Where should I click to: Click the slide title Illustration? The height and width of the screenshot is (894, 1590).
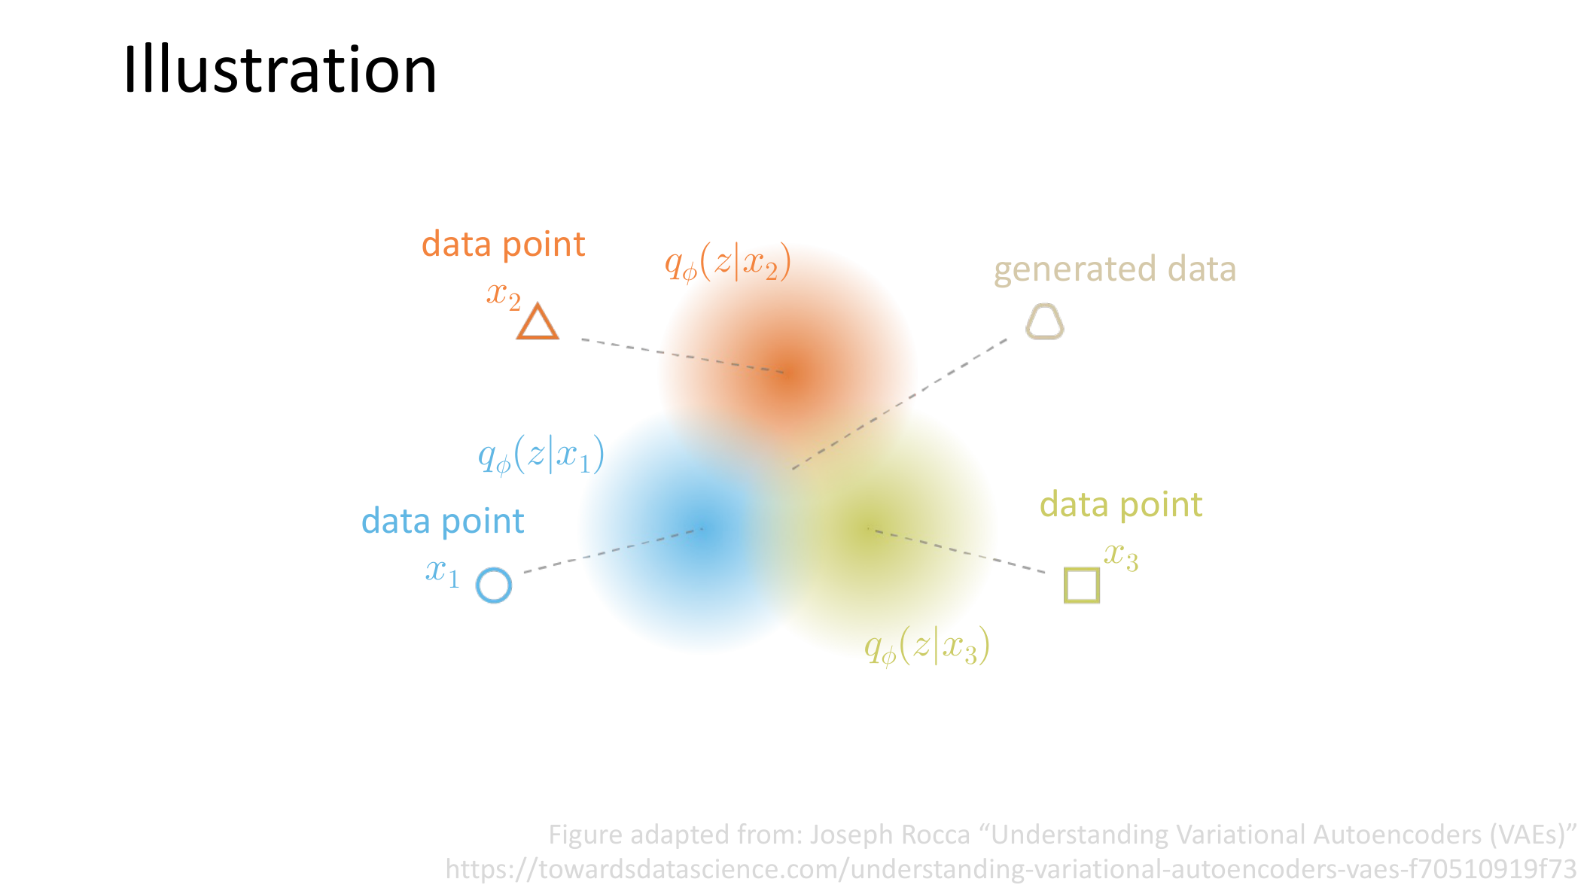coord(279,69)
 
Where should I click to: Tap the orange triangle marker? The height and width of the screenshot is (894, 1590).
coord(538,321)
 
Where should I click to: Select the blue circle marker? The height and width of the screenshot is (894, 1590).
coord(494,585)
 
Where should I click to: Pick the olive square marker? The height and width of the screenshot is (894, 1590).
coord(1082,585)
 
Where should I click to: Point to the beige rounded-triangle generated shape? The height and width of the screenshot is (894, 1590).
coord(1045,321)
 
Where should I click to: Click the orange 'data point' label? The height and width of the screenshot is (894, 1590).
coord(503,245)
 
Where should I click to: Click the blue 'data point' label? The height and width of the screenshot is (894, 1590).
coord(443,521)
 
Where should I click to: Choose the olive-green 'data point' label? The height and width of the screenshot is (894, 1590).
coord(1121,505)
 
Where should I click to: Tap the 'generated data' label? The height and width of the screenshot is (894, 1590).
coord(1115,269)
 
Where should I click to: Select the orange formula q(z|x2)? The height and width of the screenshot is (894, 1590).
coord(728,263)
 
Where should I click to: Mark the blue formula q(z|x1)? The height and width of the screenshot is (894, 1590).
coord(541,455)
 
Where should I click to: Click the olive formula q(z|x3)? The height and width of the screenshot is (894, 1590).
coord(927,646)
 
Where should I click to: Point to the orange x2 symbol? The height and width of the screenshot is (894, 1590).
coord(504,295)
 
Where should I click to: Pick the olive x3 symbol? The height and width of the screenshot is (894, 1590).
coord(1121,557)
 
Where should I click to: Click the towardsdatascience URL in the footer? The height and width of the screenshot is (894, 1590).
coord(1010,869)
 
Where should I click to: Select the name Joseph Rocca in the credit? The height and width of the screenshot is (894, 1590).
coord(890,835)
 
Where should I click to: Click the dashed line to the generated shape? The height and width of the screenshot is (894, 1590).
coord(900,404)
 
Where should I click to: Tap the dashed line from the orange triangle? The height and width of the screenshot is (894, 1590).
coord(683,356)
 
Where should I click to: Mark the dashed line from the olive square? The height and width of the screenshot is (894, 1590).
coord(957,551)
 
